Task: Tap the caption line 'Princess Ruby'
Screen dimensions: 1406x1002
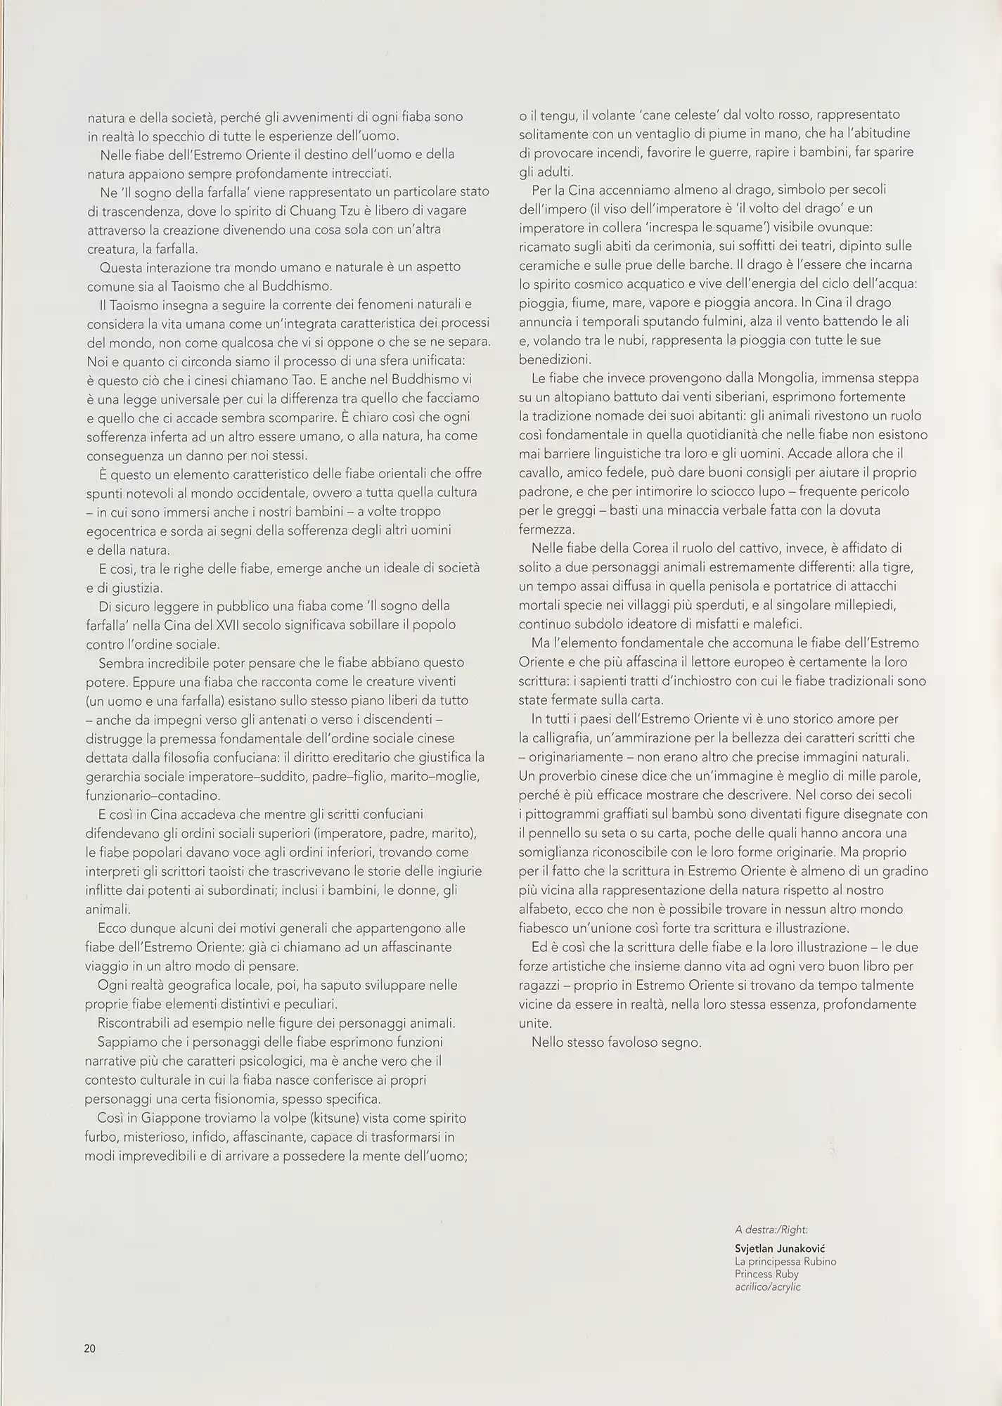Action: tap(766, 1274)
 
